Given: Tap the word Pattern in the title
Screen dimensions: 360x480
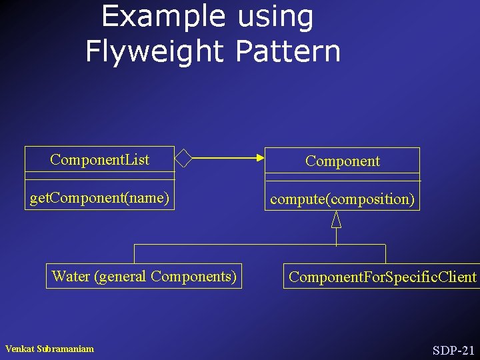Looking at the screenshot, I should click(x=287, y=51).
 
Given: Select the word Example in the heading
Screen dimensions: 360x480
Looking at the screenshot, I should click(x=163, y=17).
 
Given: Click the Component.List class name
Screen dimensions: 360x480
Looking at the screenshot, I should click(x=99, y=159).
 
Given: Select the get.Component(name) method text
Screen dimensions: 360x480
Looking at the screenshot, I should click(x=99, y=198).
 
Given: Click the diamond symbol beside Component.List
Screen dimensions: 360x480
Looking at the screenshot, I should click(x=183, y=158).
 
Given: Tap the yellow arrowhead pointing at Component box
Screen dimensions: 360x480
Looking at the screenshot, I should click(x=259, y=158).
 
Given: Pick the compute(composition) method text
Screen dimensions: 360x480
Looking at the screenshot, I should click(x=342, y=199).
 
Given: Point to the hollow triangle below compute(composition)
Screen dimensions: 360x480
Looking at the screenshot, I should click(x=337, y=219).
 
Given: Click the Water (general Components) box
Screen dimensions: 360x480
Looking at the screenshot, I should click(x=143, y=276).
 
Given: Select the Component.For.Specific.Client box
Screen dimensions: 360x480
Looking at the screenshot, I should click(x=382, y=276).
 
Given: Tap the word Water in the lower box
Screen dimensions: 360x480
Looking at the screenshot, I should click(x=71, y=276).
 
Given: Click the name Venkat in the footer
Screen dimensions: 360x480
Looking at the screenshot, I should click(x=21, y=349).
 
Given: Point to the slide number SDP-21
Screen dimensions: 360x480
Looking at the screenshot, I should click(x=453, y=350).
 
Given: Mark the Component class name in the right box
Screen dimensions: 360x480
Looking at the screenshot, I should click(x=342, y=161).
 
